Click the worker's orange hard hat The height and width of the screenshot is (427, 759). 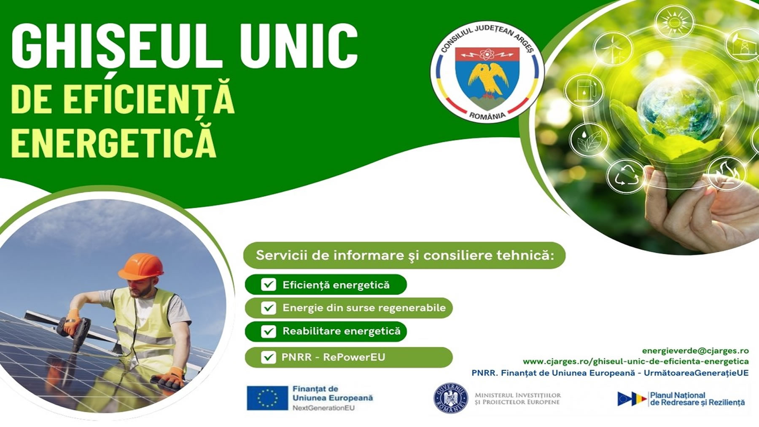pyautogui.click(x=141, y=266)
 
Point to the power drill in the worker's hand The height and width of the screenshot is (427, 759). pyautogui.click(x=75, y=331)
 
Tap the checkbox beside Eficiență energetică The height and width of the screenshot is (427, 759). pyautogui.click(x=269, y=285)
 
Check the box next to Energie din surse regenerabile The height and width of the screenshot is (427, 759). pyautogui.click(x=269, y=308)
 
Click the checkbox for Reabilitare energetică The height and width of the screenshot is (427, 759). pyautogui.click(x=269, y=331)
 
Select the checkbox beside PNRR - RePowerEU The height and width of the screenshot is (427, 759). pyautogui.click(x=269, y=357)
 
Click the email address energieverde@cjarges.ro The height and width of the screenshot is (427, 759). pyautogui.click(x=695, y=351)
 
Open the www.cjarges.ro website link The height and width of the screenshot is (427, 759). pyautogui.click(x=636, y=361)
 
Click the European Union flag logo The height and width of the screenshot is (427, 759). pyautogui.click(x=267, y=398)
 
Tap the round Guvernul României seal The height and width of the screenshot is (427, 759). pyautogui.click(x=451, y=398)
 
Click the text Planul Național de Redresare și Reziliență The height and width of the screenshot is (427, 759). pyautogui.click(x=697, y=399)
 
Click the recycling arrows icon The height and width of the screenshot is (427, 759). pyautogui.click(x=625, y=176)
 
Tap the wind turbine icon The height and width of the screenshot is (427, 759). pyautogui.click(x=613, y=47)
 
